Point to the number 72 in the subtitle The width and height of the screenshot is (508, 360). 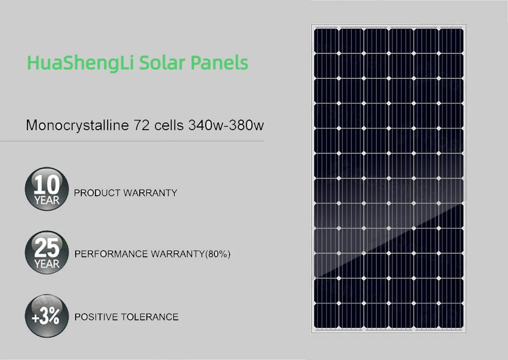pyautogui.click(x=143, y=125)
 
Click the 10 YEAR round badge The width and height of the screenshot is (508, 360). pyautogui.click(x=46, y=188)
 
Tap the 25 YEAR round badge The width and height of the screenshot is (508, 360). pyautogui.click(x=46, y=253)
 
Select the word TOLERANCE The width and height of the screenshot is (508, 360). pyautogui.click(x=150, y=317)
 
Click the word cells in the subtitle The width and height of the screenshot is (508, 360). pyautogui.click(x=170, y=125)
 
